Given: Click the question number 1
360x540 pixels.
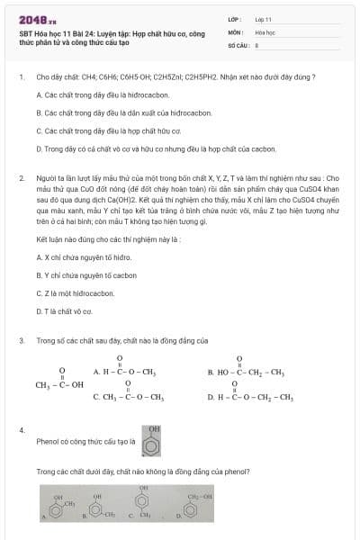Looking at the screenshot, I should pos(21,76).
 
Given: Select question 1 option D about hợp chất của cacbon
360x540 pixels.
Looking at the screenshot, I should pos(148,148).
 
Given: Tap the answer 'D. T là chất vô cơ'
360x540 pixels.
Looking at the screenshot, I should pos(68,310).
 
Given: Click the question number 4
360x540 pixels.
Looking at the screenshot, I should pos(21,430).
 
